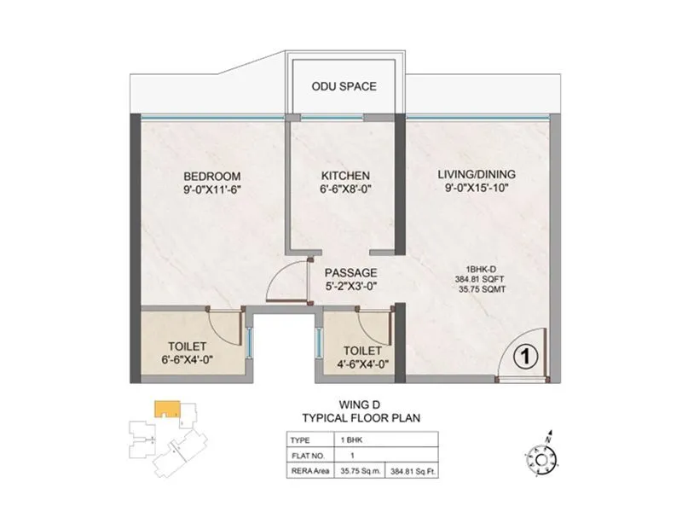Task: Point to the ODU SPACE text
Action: point(343,86)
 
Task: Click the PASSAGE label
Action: point(350,272)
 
